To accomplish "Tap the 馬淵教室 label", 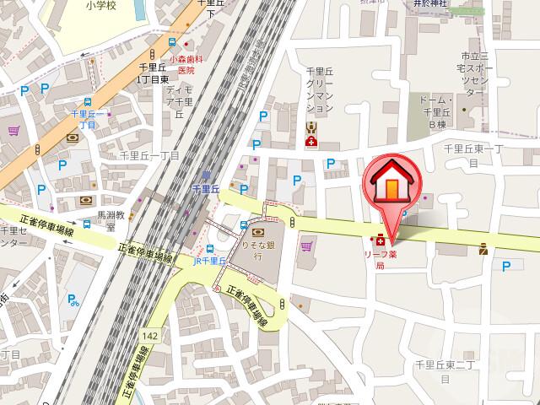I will coord(110,221).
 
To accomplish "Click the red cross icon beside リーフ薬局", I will coord(381,239).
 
